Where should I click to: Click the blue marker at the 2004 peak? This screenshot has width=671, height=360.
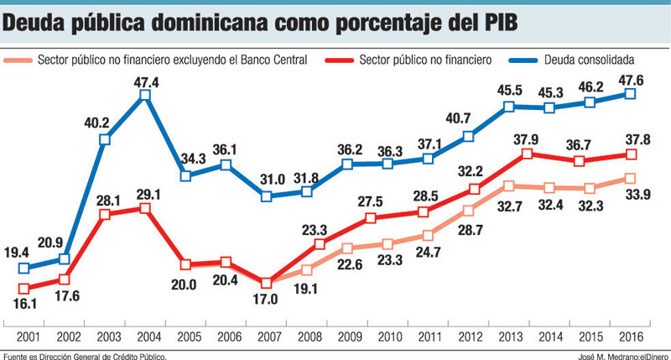145,96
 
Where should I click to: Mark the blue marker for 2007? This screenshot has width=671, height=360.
267,196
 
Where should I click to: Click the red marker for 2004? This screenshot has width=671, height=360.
145,207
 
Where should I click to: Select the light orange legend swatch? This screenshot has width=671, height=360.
18,60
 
